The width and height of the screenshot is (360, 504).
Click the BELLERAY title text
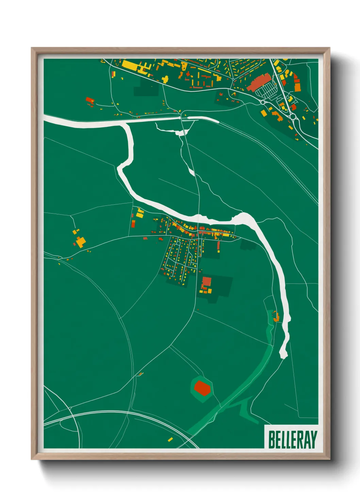tap(292, 440)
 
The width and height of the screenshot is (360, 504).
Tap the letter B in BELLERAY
tap(272, 440)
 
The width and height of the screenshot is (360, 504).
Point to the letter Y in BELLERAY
tap(313, 440)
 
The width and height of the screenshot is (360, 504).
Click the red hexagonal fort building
tap(202, 388)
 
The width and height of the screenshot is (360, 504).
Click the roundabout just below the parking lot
tap(262, 101)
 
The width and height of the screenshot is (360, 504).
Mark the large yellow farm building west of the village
tap(81, 242)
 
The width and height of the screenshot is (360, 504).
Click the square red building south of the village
tap(206, 282)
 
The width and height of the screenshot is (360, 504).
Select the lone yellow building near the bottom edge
tap(170, 439)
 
